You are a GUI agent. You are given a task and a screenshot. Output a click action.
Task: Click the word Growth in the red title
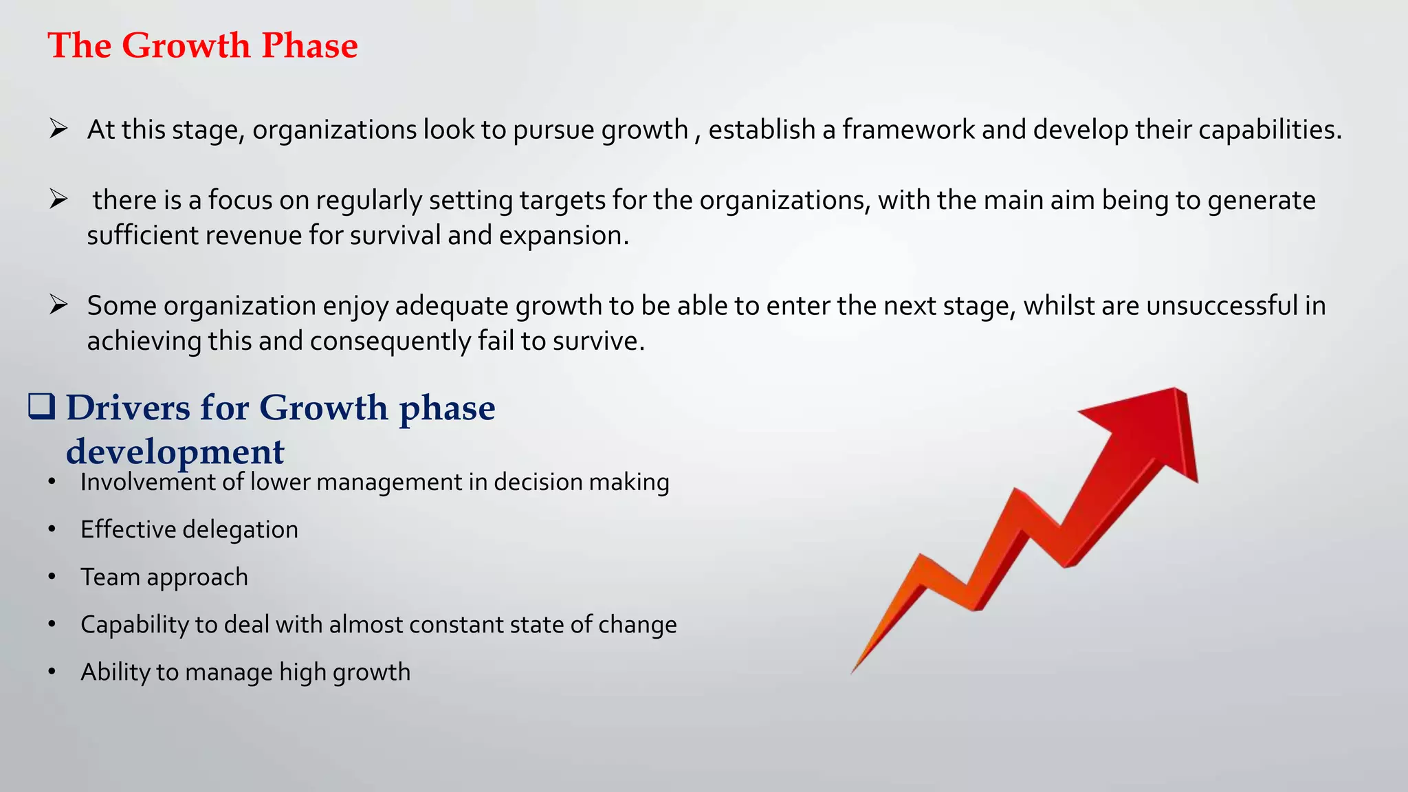[186, 46]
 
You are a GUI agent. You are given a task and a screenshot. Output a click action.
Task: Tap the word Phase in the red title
[309, 46]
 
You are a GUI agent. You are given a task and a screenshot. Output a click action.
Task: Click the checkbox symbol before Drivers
[42, 406]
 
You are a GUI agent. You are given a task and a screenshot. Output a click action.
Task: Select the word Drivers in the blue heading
[128, 408]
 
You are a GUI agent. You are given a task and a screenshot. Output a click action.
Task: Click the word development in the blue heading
[175, 452]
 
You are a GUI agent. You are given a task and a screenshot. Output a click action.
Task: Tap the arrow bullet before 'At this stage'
[58, 129]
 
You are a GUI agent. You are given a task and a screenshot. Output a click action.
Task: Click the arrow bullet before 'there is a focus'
[58, 199]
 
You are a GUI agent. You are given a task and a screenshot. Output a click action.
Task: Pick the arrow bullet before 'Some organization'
[58, 305]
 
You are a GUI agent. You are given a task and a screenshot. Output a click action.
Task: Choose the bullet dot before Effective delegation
[52, 529]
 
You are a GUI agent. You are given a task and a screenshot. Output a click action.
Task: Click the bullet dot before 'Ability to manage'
[52, 672]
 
